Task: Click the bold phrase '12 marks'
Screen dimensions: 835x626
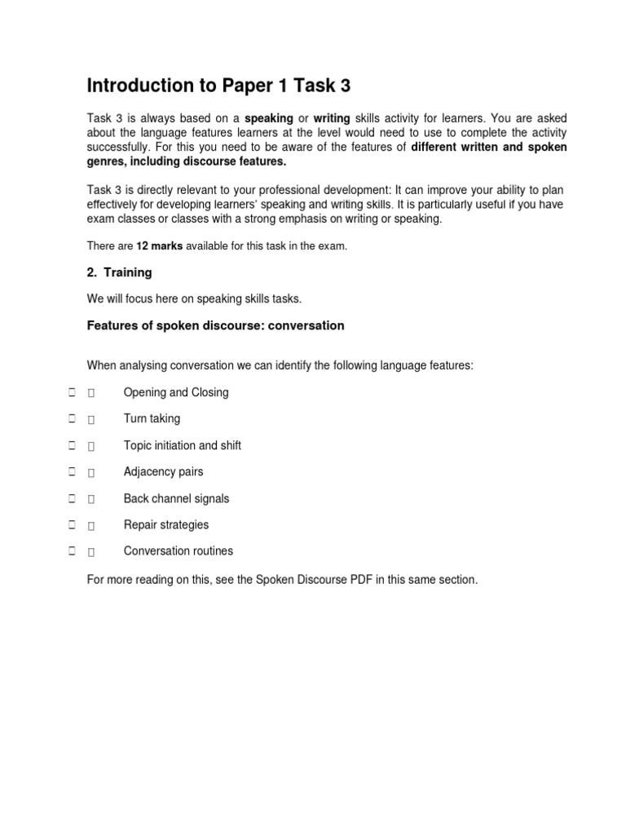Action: (x=159, y=245)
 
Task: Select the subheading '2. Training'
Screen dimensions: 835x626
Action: (x=119, y=272)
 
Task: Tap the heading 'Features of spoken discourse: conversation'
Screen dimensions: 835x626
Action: (x=215, y=326)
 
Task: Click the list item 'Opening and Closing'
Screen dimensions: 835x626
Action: (x=175, y=392)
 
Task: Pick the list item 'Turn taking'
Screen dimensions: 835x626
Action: (x=152, y=419)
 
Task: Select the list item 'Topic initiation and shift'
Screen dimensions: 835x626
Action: (x=182, y=445)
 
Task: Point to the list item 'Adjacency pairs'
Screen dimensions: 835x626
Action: (x=163, y=472)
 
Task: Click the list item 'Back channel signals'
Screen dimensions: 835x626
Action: (x=176, y=498)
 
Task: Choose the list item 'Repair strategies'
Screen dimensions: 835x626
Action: (x=165, y=524)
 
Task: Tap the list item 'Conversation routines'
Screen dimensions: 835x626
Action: (x=178, y=551)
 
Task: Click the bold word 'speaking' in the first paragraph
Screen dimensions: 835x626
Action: (x=269, y=119)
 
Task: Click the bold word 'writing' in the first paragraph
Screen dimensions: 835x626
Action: (x=332, y=119)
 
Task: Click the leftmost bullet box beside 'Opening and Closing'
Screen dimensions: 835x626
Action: (x=73, y=392)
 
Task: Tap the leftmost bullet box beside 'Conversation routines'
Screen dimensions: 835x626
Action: (x=73, y=551)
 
